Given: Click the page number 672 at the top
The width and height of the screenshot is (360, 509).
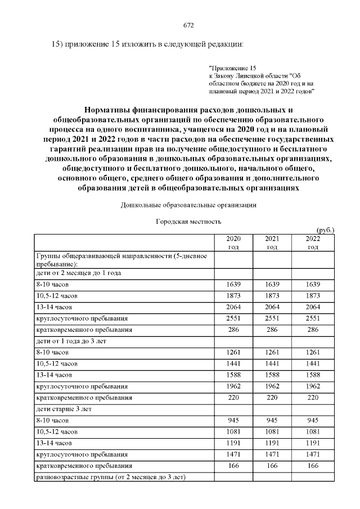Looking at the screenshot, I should (x=189, y=25).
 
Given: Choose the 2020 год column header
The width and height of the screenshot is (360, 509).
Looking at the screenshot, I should (x=233, y=243).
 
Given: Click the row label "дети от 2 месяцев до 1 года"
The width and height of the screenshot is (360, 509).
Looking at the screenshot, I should (x=79, y=273).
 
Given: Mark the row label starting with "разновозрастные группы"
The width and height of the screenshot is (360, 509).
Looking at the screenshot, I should (x=110, y=478).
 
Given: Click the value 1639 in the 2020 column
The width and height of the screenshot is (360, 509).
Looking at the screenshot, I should (x=233, y=284).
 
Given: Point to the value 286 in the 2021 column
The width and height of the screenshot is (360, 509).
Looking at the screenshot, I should (x=272, y=329).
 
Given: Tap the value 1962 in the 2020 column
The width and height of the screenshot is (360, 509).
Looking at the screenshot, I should (x=233, y=386).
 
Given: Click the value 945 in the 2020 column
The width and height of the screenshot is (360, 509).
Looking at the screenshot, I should (x=233, y=420).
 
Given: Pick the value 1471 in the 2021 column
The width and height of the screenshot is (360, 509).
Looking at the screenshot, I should (x=272, y=454).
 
